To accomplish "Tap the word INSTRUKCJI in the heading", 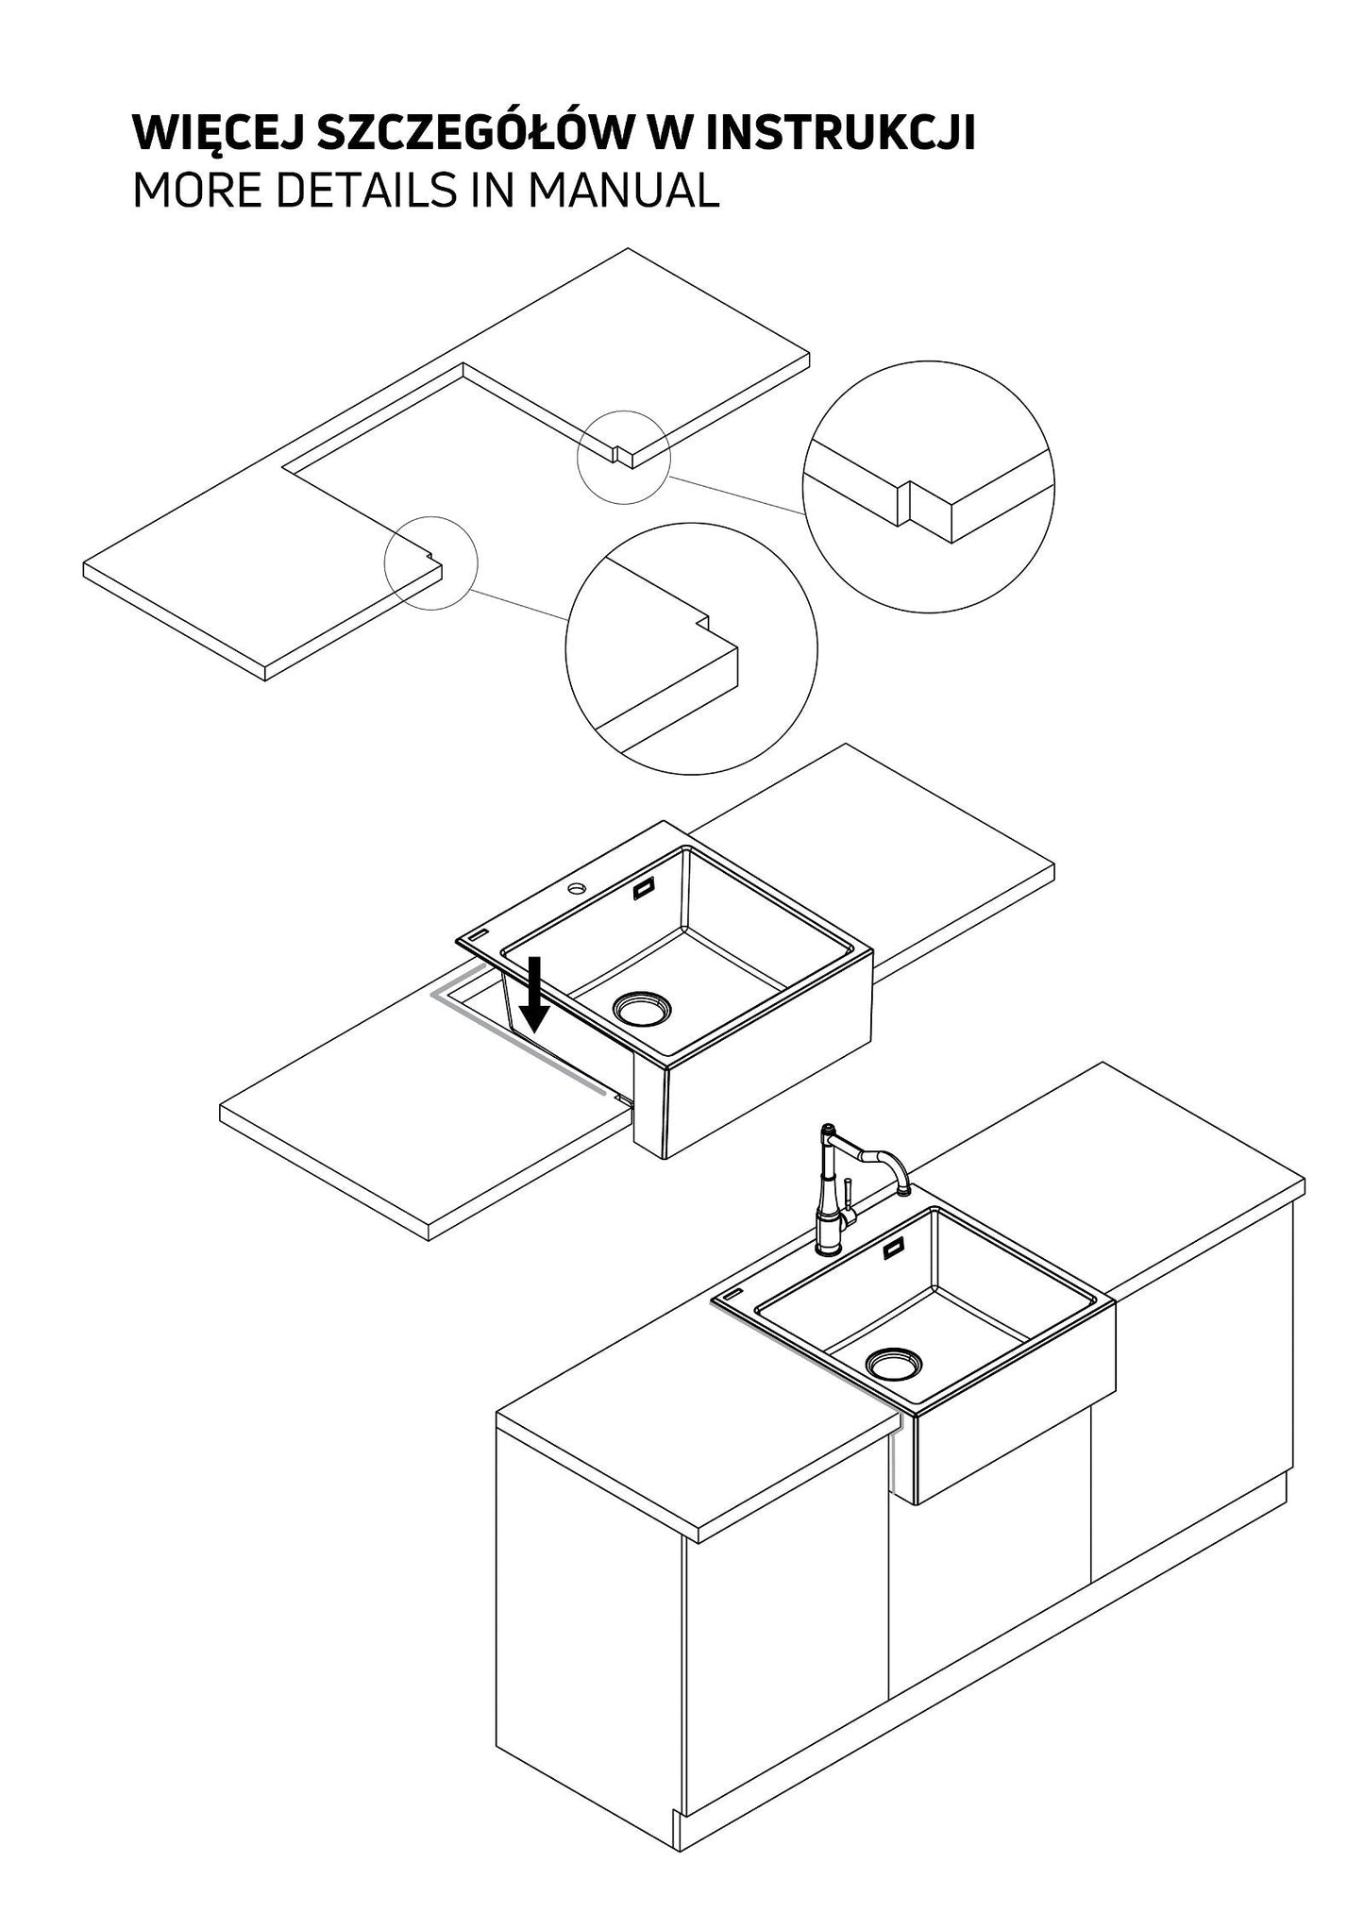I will pos(840,135).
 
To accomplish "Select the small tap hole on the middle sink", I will pos(574,890).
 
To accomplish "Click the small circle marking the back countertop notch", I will pos(624,456).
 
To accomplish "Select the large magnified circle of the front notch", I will pos(691,649).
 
